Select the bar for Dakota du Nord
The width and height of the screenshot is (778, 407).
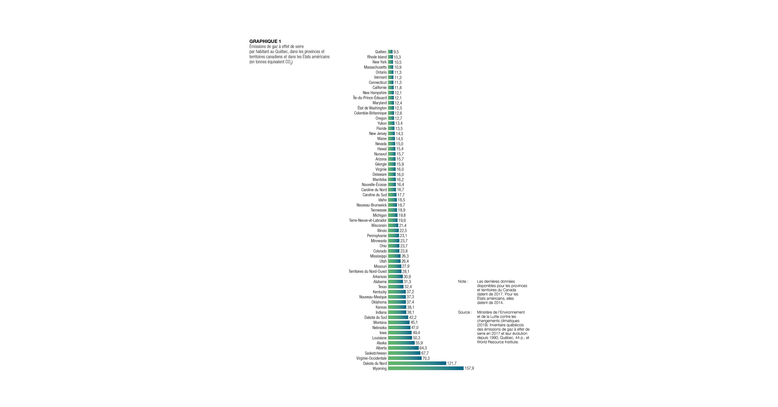(417, 363)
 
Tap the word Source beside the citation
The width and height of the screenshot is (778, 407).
(464, 312)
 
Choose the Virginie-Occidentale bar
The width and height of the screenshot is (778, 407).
(405, 358)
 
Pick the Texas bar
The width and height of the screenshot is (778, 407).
(396, 287)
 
